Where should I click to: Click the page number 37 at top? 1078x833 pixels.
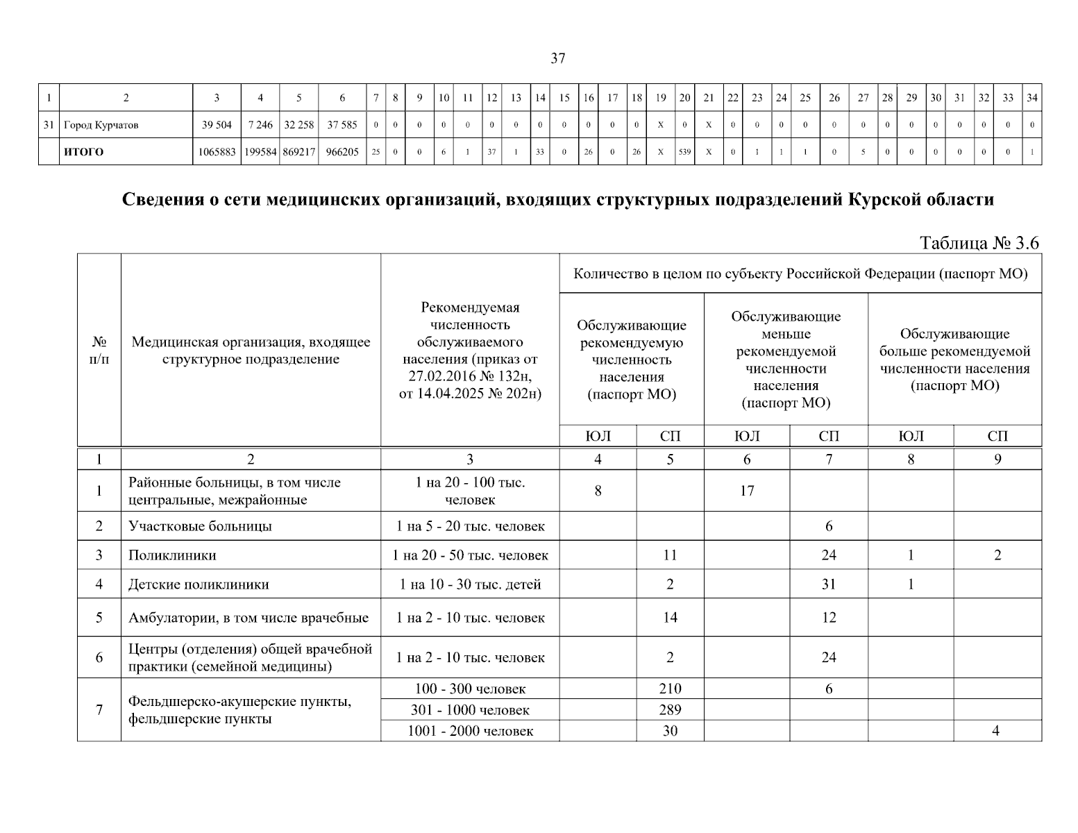point(557,59)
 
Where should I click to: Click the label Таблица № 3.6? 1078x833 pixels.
point(979,243)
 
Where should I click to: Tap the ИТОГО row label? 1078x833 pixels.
point(83,152)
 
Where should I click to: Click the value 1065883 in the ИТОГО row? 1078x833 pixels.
point(217,152)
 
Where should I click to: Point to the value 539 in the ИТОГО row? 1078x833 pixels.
point(684,152)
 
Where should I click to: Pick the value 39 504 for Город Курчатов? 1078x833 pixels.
point(217,125)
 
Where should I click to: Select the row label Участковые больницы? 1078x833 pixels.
point(200,526)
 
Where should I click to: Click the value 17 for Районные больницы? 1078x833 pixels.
point(747,491)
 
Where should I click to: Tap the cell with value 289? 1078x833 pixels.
point(670,710)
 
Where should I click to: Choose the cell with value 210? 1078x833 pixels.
point(670,689)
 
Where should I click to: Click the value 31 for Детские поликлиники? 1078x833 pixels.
point(829,584)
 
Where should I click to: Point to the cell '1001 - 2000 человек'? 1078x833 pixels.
point(470,731)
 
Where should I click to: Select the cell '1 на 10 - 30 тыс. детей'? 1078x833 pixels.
point(470,584)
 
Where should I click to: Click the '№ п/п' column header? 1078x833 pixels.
point(99,351)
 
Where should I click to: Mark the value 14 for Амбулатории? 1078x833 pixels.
point(670,618)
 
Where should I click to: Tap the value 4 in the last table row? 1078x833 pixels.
point(996,731)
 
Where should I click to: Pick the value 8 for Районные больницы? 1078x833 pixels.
point(598,491)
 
